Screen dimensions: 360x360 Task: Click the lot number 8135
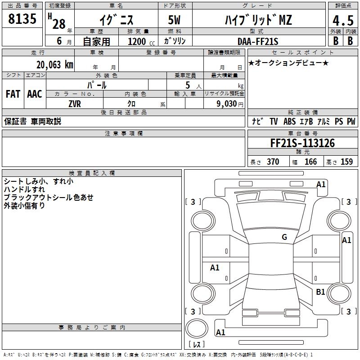(22, 19)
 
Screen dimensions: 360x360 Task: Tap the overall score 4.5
(342, 20)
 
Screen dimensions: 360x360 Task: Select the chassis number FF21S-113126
(302, 144)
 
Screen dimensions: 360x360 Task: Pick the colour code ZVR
(75, 103)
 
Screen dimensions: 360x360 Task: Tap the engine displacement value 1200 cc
(140, 41)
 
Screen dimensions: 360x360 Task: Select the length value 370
(273, 162)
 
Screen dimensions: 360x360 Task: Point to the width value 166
(310, 162)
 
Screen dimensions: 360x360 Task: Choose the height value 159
(346, 162)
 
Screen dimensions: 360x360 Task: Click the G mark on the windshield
(284, 237)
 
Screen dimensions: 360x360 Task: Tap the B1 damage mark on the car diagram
(320, 292)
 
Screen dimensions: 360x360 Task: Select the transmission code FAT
(13, 94)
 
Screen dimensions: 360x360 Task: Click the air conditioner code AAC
(35, 94)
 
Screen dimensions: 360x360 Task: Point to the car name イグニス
(116, 20)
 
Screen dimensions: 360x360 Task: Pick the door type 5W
(175, 20)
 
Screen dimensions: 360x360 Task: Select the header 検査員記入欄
(92, 173)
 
